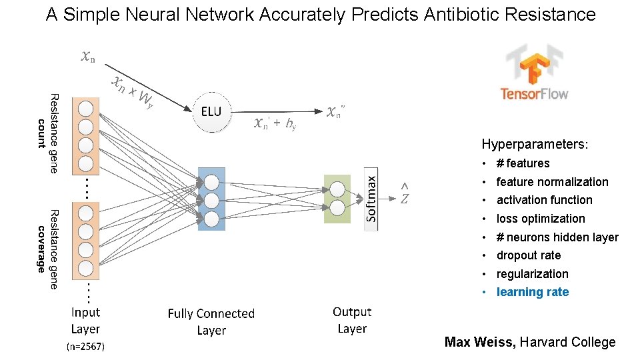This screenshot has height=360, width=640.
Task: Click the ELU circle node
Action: tap(211, 111)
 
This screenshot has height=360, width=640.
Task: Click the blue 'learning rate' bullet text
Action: tap(532, 292)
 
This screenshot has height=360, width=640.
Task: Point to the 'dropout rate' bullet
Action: tap(528, 255)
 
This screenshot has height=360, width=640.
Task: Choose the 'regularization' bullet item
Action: tap(532, 274)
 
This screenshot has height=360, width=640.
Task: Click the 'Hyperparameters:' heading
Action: tap(535, 144)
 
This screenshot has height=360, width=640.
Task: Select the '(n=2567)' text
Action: tap(85, 347)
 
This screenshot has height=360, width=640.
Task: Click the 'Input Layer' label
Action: tap(85, 321)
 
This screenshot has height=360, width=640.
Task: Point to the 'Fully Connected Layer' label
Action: tap(211, 322)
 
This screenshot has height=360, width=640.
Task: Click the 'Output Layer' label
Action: tap(352, 320)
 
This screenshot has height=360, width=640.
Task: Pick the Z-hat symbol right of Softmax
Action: tap(405, 195)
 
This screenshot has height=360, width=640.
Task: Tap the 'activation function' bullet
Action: tap(544, 200)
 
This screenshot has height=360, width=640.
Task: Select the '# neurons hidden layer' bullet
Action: tap(557, 237)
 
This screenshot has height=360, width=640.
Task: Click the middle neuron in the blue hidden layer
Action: tap(211, 200)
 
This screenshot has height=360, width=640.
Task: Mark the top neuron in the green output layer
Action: tap(337, 189)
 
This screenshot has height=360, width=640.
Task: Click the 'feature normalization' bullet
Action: tap(552, 182)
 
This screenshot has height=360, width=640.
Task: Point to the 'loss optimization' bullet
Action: tap(540, 219)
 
